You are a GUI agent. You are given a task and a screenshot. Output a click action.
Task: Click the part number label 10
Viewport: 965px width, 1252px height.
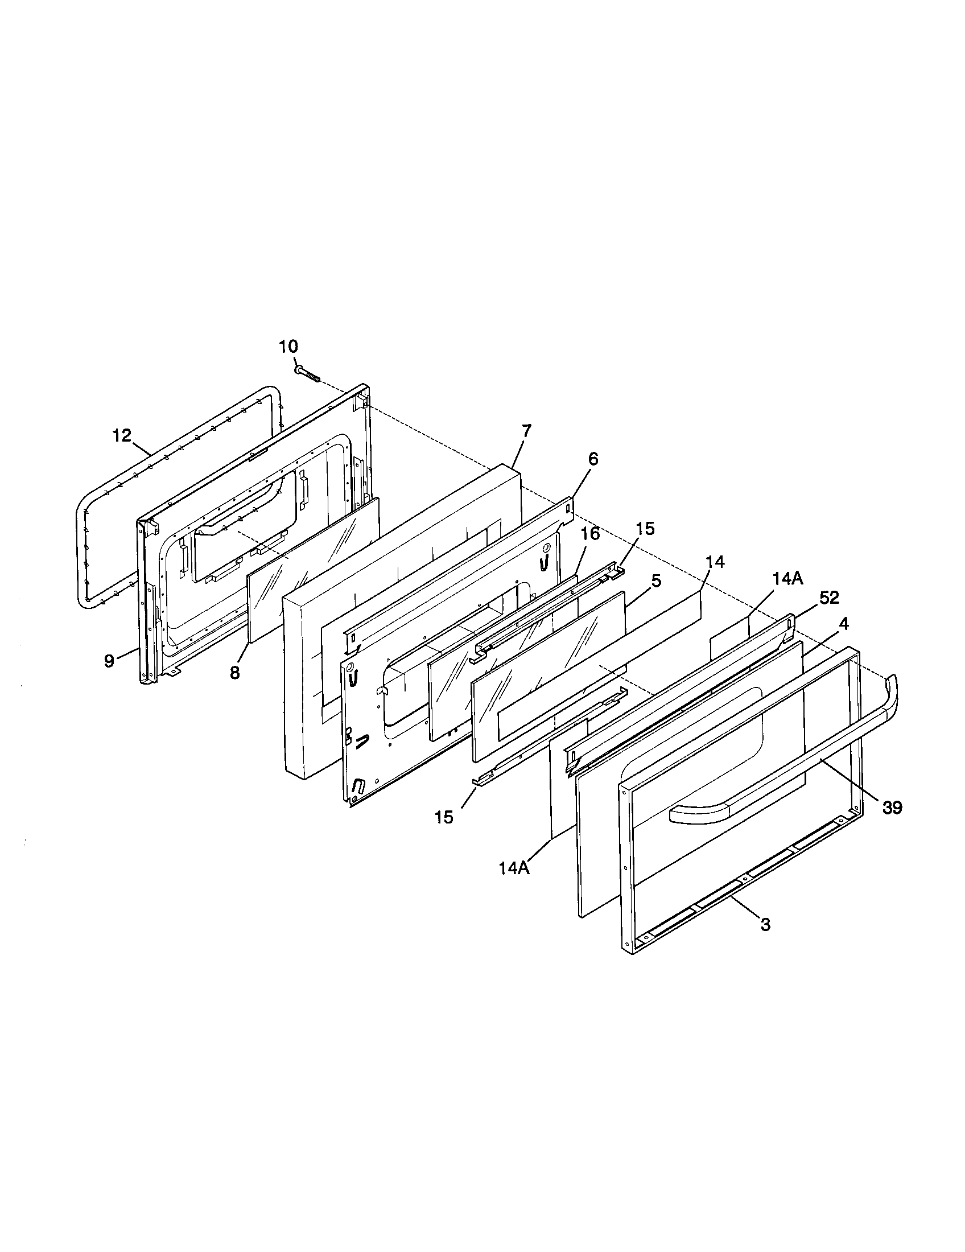[x=288, y=346]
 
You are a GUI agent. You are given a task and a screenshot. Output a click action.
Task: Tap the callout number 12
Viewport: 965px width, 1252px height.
[x=122, y=435]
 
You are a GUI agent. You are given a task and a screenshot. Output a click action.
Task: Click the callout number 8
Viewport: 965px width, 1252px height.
[x=234, y=673]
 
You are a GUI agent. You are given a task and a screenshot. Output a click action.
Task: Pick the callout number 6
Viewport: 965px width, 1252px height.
[x=592, y=459]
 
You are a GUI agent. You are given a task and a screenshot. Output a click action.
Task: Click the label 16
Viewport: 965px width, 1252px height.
[x=590, y=534]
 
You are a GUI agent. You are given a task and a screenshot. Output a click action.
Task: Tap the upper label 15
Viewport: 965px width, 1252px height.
[x=645, y=529]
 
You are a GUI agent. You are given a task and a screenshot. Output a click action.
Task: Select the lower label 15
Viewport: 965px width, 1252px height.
[x=444, y=817]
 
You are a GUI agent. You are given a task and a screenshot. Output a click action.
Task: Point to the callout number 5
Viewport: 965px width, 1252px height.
[x=656, y=580]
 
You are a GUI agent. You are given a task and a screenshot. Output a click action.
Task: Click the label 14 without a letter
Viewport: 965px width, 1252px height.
[x=715, y=562]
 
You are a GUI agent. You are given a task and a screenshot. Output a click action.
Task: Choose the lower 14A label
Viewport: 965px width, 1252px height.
[x=514, y=868]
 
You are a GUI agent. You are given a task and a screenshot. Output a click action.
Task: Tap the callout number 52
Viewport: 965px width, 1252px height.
[x=828, y=598]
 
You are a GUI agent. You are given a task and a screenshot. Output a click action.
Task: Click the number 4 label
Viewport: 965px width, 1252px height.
[x=843, y=624]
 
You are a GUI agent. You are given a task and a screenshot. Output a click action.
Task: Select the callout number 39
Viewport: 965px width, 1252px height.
[x=892, y=808]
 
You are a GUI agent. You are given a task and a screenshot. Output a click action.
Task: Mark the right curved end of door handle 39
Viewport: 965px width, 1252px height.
[x=891, y=691]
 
